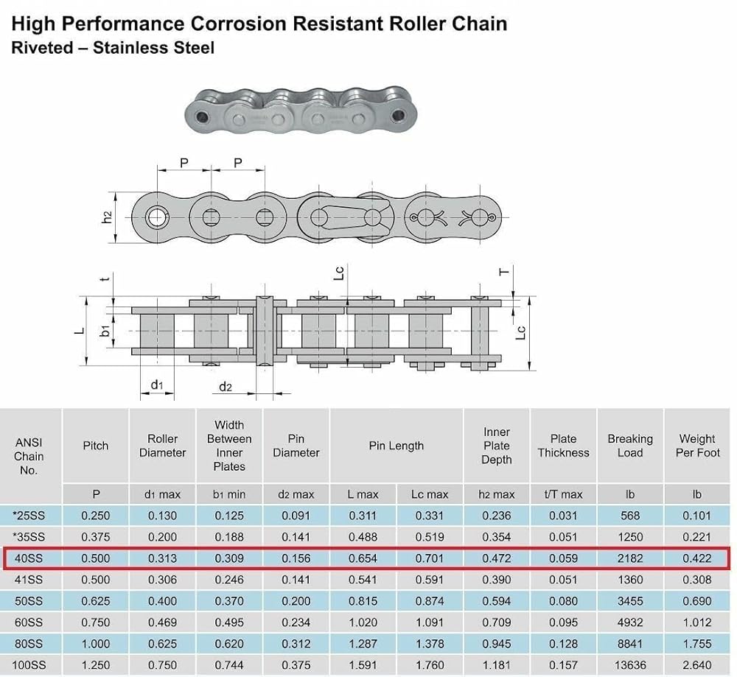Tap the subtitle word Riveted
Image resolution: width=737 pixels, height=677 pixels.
tap(41, 49)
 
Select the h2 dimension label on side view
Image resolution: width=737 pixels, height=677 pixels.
tap(107, 217)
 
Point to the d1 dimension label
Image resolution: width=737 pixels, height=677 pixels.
tap(157, 385)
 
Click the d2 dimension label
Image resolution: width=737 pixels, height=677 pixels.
tap(226, 387)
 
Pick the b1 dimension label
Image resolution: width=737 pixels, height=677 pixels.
tap(106, 331)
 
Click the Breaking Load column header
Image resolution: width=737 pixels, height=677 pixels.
tap(630, 446)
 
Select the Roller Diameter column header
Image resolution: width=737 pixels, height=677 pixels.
tap(162, 446)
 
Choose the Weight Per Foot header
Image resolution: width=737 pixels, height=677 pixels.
tap(697, 446)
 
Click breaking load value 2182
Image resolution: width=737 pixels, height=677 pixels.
tap(630, 558)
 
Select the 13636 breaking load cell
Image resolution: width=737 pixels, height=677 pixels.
tap(630, 665)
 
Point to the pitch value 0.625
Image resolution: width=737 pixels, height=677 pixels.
tap(96, 601)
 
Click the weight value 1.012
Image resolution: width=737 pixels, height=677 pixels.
tap(697, 622)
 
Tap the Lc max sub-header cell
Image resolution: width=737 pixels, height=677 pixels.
tap(430, 494)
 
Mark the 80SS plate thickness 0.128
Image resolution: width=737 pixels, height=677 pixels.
tap(563, 644)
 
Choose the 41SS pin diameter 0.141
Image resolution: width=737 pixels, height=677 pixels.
tap(296, 580)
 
